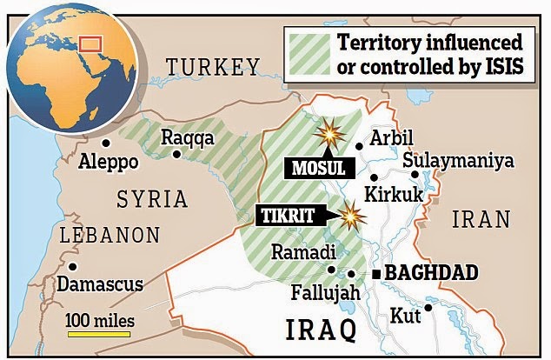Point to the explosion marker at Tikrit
pos(351,215)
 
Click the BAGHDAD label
pos(431,274)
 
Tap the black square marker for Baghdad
pos(375,274)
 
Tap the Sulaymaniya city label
pos(458,162)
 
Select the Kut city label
pos(405,315)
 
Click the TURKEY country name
pos(213,68)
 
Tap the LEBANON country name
pos(110,236)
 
